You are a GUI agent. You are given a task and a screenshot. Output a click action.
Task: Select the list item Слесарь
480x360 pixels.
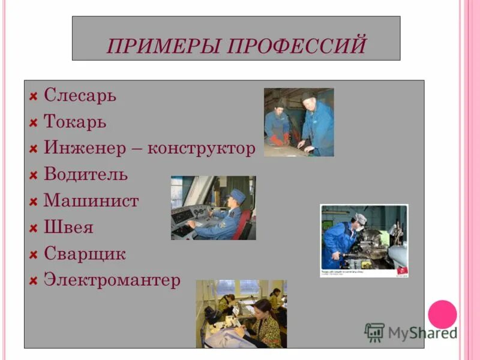click(80, 95)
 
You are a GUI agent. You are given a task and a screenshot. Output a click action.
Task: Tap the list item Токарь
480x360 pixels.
click(75, 122)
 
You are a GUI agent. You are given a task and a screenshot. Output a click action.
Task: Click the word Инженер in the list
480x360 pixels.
click(83, 148)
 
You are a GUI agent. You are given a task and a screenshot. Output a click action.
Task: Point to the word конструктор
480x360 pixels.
click(202, 148)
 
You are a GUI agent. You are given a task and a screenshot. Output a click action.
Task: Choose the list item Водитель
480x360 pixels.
click(86, 175)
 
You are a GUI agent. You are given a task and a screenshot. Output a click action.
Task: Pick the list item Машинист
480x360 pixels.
click(91, 201)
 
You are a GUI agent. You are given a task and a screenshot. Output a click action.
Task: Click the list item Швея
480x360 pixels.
click(68, 227)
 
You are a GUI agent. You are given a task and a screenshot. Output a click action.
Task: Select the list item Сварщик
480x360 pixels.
click(85, 254)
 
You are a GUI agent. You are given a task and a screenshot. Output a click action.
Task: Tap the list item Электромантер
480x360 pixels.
click(112, 280)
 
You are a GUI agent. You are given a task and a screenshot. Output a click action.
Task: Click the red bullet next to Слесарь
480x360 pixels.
click(34, 96)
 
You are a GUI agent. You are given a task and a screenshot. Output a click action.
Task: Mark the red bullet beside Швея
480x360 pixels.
click(34, 228)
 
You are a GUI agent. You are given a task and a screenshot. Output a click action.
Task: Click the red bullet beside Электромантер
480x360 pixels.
click(34, 281)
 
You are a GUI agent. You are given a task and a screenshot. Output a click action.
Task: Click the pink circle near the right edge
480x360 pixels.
click(442, 314)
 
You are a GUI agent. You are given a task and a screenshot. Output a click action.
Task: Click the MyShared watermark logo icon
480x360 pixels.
click(374, 332)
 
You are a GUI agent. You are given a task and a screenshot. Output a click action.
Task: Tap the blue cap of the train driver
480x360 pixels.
click(238, 195)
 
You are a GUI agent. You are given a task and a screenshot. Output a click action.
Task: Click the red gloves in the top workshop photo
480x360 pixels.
click(277, 140)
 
